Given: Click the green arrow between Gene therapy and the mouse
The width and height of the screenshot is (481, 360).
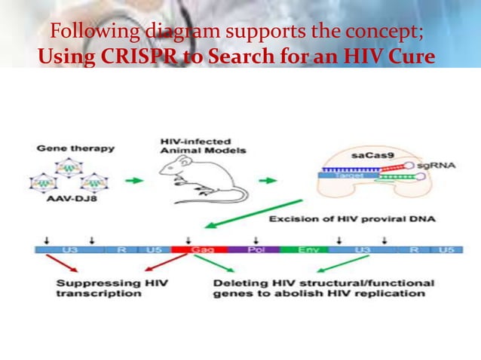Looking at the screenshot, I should click(x=134, y=181).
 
